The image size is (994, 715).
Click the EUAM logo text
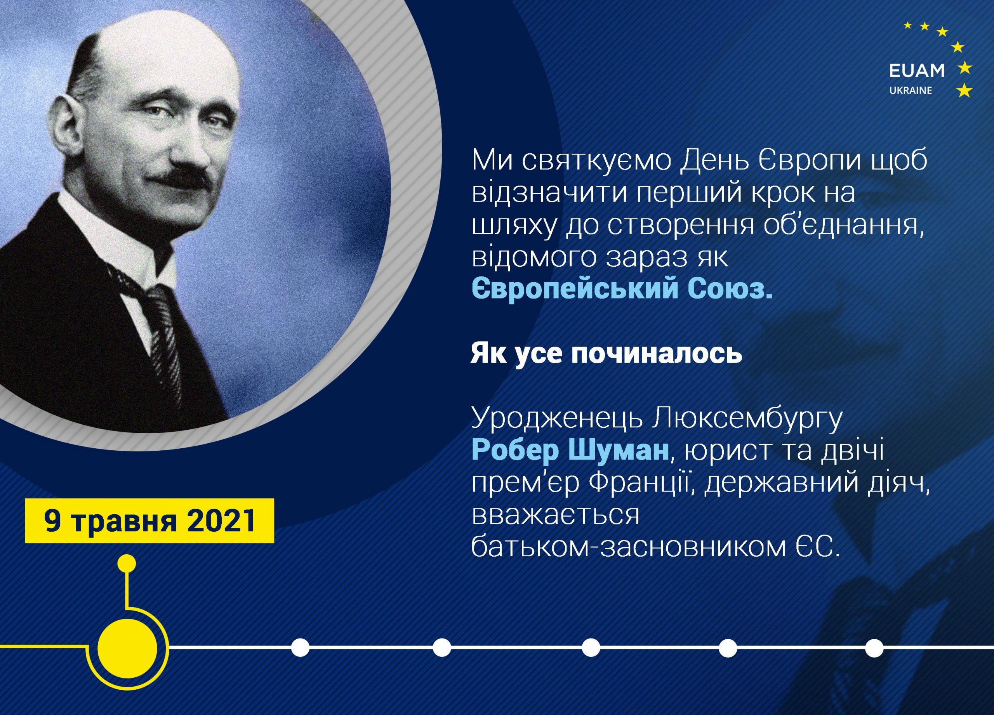point(916,71)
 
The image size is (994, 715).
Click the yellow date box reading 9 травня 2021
point(149,521)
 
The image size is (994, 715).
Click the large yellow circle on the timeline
point(127,647)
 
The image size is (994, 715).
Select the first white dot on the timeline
point(301,647)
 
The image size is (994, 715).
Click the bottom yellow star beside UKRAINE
point(964,91)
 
